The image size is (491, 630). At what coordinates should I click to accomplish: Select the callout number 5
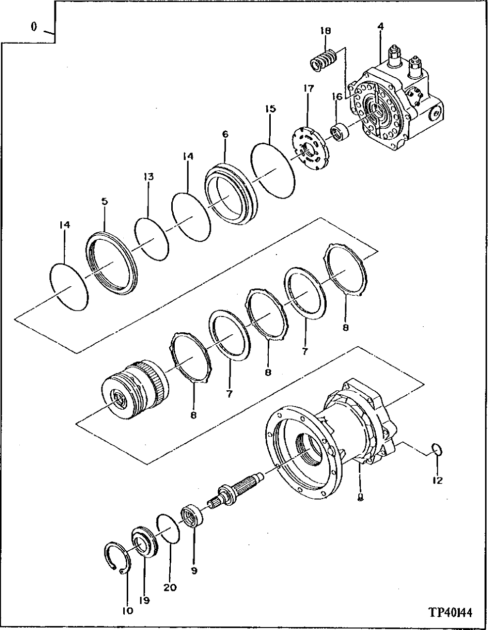click(105, 202)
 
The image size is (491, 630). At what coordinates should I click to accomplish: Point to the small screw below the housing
click(361, 496)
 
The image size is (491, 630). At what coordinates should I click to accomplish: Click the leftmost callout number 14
click(65, 225)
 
